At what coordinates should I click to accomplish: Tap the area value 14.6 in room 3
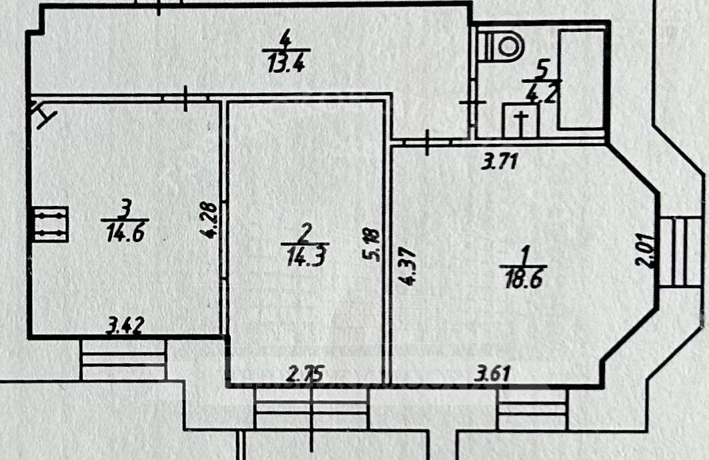click(x=125, y=234)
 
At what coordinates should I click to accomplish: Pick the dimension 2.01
click(x=644, y=250)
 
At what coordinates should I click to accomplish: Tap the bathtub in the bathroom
click(x=581, y=79)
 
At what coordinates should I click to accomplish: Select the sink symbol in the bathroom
click(x=520, y=121)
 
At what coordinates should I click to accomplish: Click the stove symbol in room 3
click(x=51, y=224)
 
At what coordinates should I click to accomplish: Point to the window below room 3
click(x=123, y=360)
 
